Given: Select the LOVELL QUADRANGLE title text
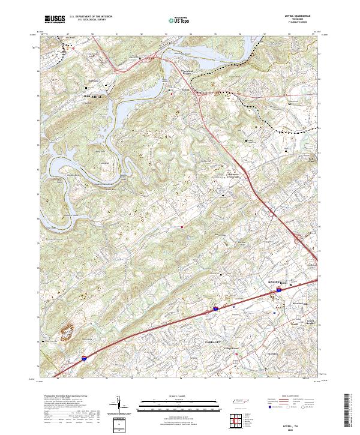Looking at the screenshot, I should pos(302,15).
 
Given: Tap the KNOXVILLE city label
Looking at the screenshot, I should pos(277,281).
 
